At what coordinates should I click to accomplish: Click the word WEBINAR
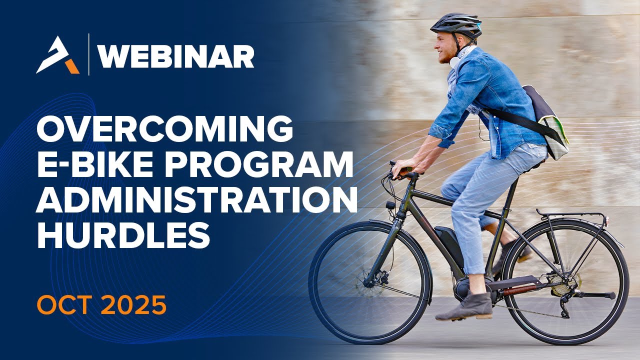point(176,56)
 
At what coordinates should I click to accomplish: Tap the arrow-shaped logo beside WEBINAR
point(57,55)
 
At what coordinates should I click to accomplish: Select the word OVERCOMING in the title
point(164,129)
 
